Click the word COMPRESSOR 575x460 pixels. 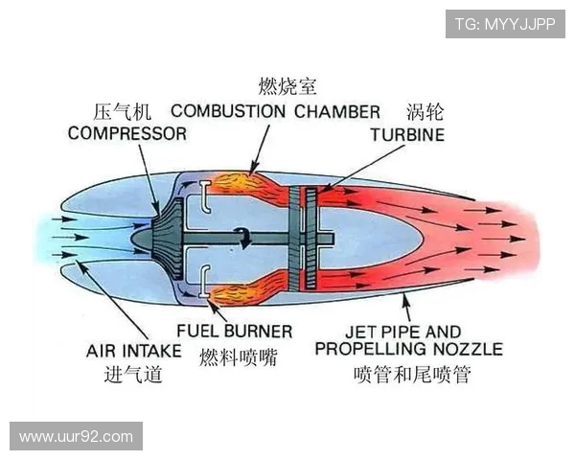pos(126,134)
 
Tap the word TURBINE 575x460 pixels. pos(407,135)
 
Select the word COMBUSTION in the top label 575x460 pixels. pos(228,111)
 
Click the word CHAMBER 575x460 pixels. pos(337,111)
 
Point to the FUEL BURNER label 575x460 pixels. pos(234,332)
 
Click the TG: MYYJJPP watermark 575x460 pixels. pos(504,24)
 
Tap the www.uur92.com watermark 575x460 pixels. pos(76,436)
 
